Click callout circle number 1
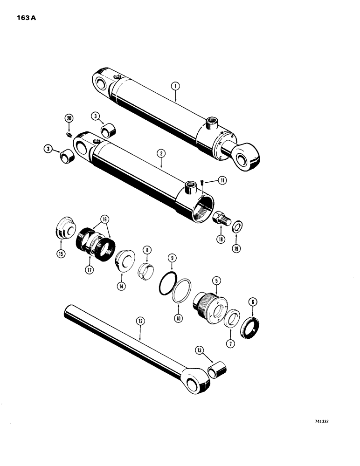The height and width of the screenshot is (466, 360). click(x=175, y=86)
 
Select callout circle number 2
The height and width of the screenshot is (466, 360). click(x=161, y=152)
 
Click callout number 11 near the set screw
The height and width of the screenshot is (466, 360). click(x=223, y=181)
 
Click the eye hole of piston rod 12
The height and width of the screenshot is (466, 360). click(x=192, y=385)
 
